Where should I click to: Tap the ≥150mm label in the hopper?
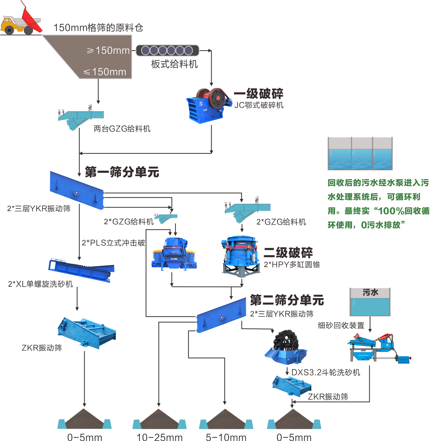pos(108,51)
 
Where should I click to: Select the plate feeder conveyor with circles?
pos(167,50)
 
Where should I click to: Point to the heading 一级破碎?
pos(258,94)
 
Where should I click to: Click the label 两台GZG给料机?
pos(122,129)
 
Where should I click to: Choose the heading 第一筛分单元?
pos(122,172)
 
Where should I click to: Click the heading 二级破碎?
pos(288,253)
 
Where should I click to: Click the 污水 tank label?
pos(370,292)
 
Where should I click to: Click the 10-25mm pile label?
pos(159,437)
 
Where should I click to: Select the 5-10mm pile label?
pos(226,437)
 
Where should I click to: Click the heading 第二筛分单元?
pos(287,300)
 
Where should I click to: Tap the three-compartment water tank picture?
pos(360,154)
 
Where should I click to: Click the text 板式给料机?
pos(174,64)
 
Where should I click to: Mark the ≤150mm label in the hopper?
pos(105,72)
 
